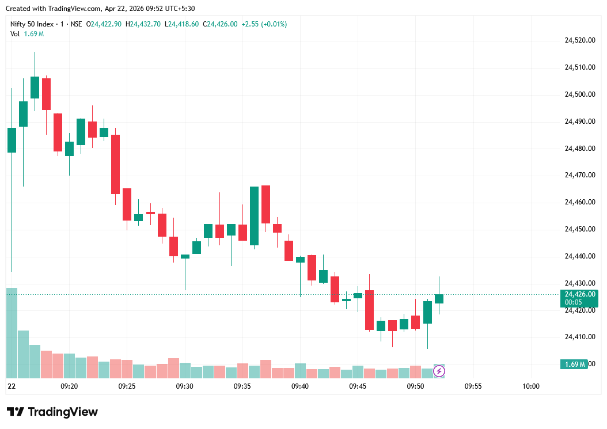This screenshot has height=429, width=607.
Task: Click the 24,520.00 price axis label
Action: [579, 40]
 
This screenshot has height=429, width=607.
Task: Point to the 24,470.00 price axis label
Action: [579, 175]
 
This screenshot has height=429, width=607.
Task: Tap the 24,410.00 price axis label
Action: [579, 337]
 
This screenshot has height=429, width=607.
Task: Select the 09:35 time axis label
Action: [242, 386]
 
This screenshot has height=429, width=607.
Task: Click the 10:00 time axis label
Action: [531, 386]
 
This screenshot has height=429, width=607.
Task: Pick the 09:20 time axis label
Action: [69, 386]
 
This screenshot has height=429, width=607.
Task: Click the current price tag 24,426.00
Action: [579, 294]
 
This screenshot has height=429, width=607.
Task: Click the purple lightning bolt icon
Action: [439, 371]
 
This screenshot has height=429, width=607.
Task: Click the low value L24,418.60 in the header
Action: [181, 24]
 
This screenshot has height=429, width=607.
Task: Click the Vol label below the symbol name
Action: [14, 34]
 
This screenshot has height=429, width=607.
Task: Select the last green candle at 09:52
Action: [439, 298]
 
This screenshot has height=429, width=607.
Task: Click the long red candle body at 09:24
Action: [116, 164]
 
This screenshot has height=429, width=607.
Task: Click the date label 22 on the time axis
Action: [11, 386]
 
